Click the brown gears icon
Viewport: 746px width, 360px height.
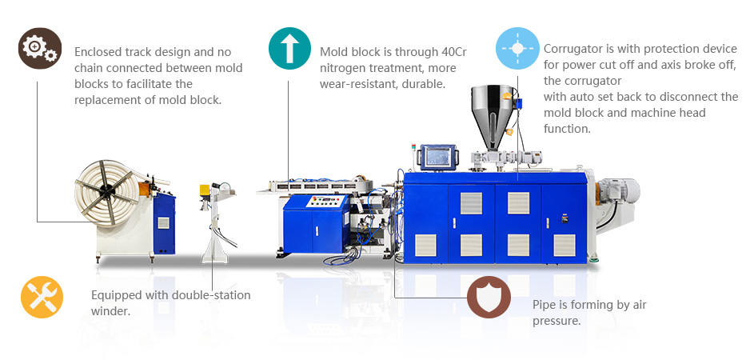point(40,49)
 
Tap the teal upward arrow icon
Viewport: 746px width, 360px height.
point(289,49)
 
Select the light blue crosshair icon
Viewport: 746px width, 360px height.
point(517,49)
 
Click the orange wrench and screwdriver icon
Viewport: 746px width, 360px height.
point(42,297)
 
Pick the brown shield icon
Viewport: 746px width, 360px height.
point(489,297)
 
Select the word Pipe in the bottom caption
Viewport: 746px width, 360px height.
point(542,306)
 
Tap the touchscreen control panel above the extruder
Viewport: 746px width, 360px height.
point(437,157)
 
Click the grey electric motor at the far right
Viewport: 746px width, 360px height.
point(618,190)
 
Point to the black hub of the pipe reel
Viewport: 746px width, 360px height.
point(108,191)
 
